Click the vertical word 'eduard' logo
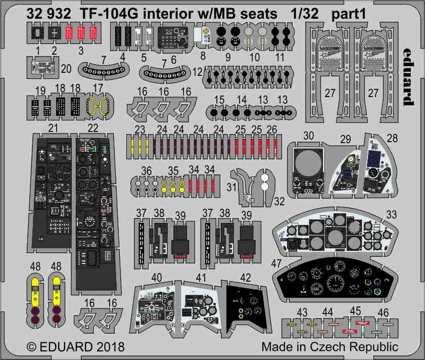click(x=409, y=78)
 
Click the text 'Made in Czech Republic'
click(x=330, y=348)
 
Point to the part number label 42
click(x=246, y=278)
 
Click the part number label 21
click(x=51, y=128)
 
